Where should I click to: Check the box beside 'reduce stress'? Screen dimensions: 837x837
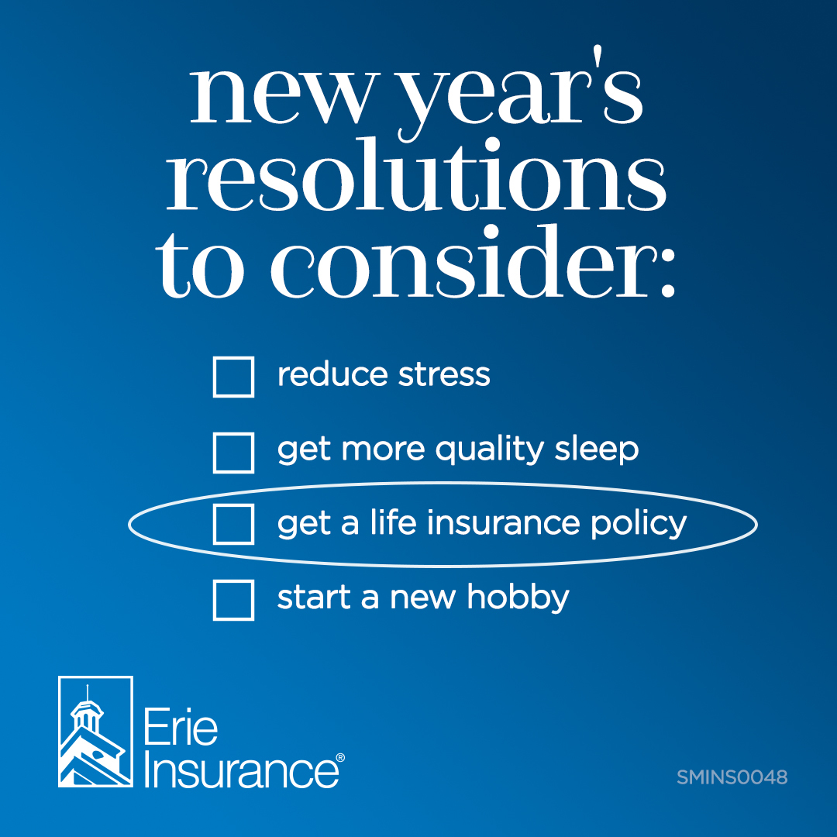click(x=233, y=377)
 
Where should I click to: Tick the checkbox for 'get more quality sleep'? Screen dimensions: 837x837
click(x=233, y=453)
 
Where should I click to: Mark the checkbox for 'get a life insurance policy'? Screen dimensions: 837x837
click(x=233, y=524)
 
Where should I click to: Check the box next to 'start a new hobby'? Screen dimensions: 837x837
click(x=233, y=599)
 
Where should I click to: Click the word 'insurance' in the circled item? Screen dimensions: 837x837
click(x=505, y=523)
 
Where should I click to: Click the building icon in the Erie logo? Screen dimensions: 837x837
click(x=95, y=732)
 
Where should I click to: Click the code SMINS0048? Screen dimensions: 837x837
click(x=732, y=777)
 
